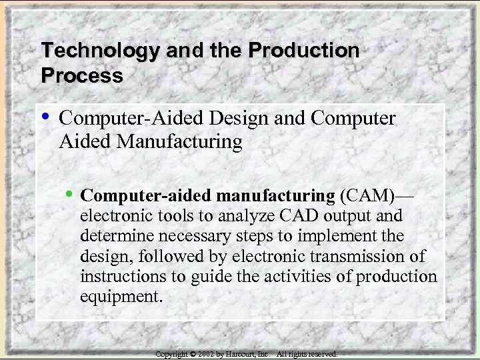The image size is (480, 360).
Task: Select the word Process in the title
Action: coord(82,75)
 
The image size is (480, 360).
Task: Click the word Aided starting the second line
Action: coord(85,142)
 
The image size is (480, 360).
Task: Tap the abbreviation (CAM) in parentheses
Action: coord(367,196)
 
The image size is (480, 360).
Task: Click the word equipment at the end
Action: coord(121,296)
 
